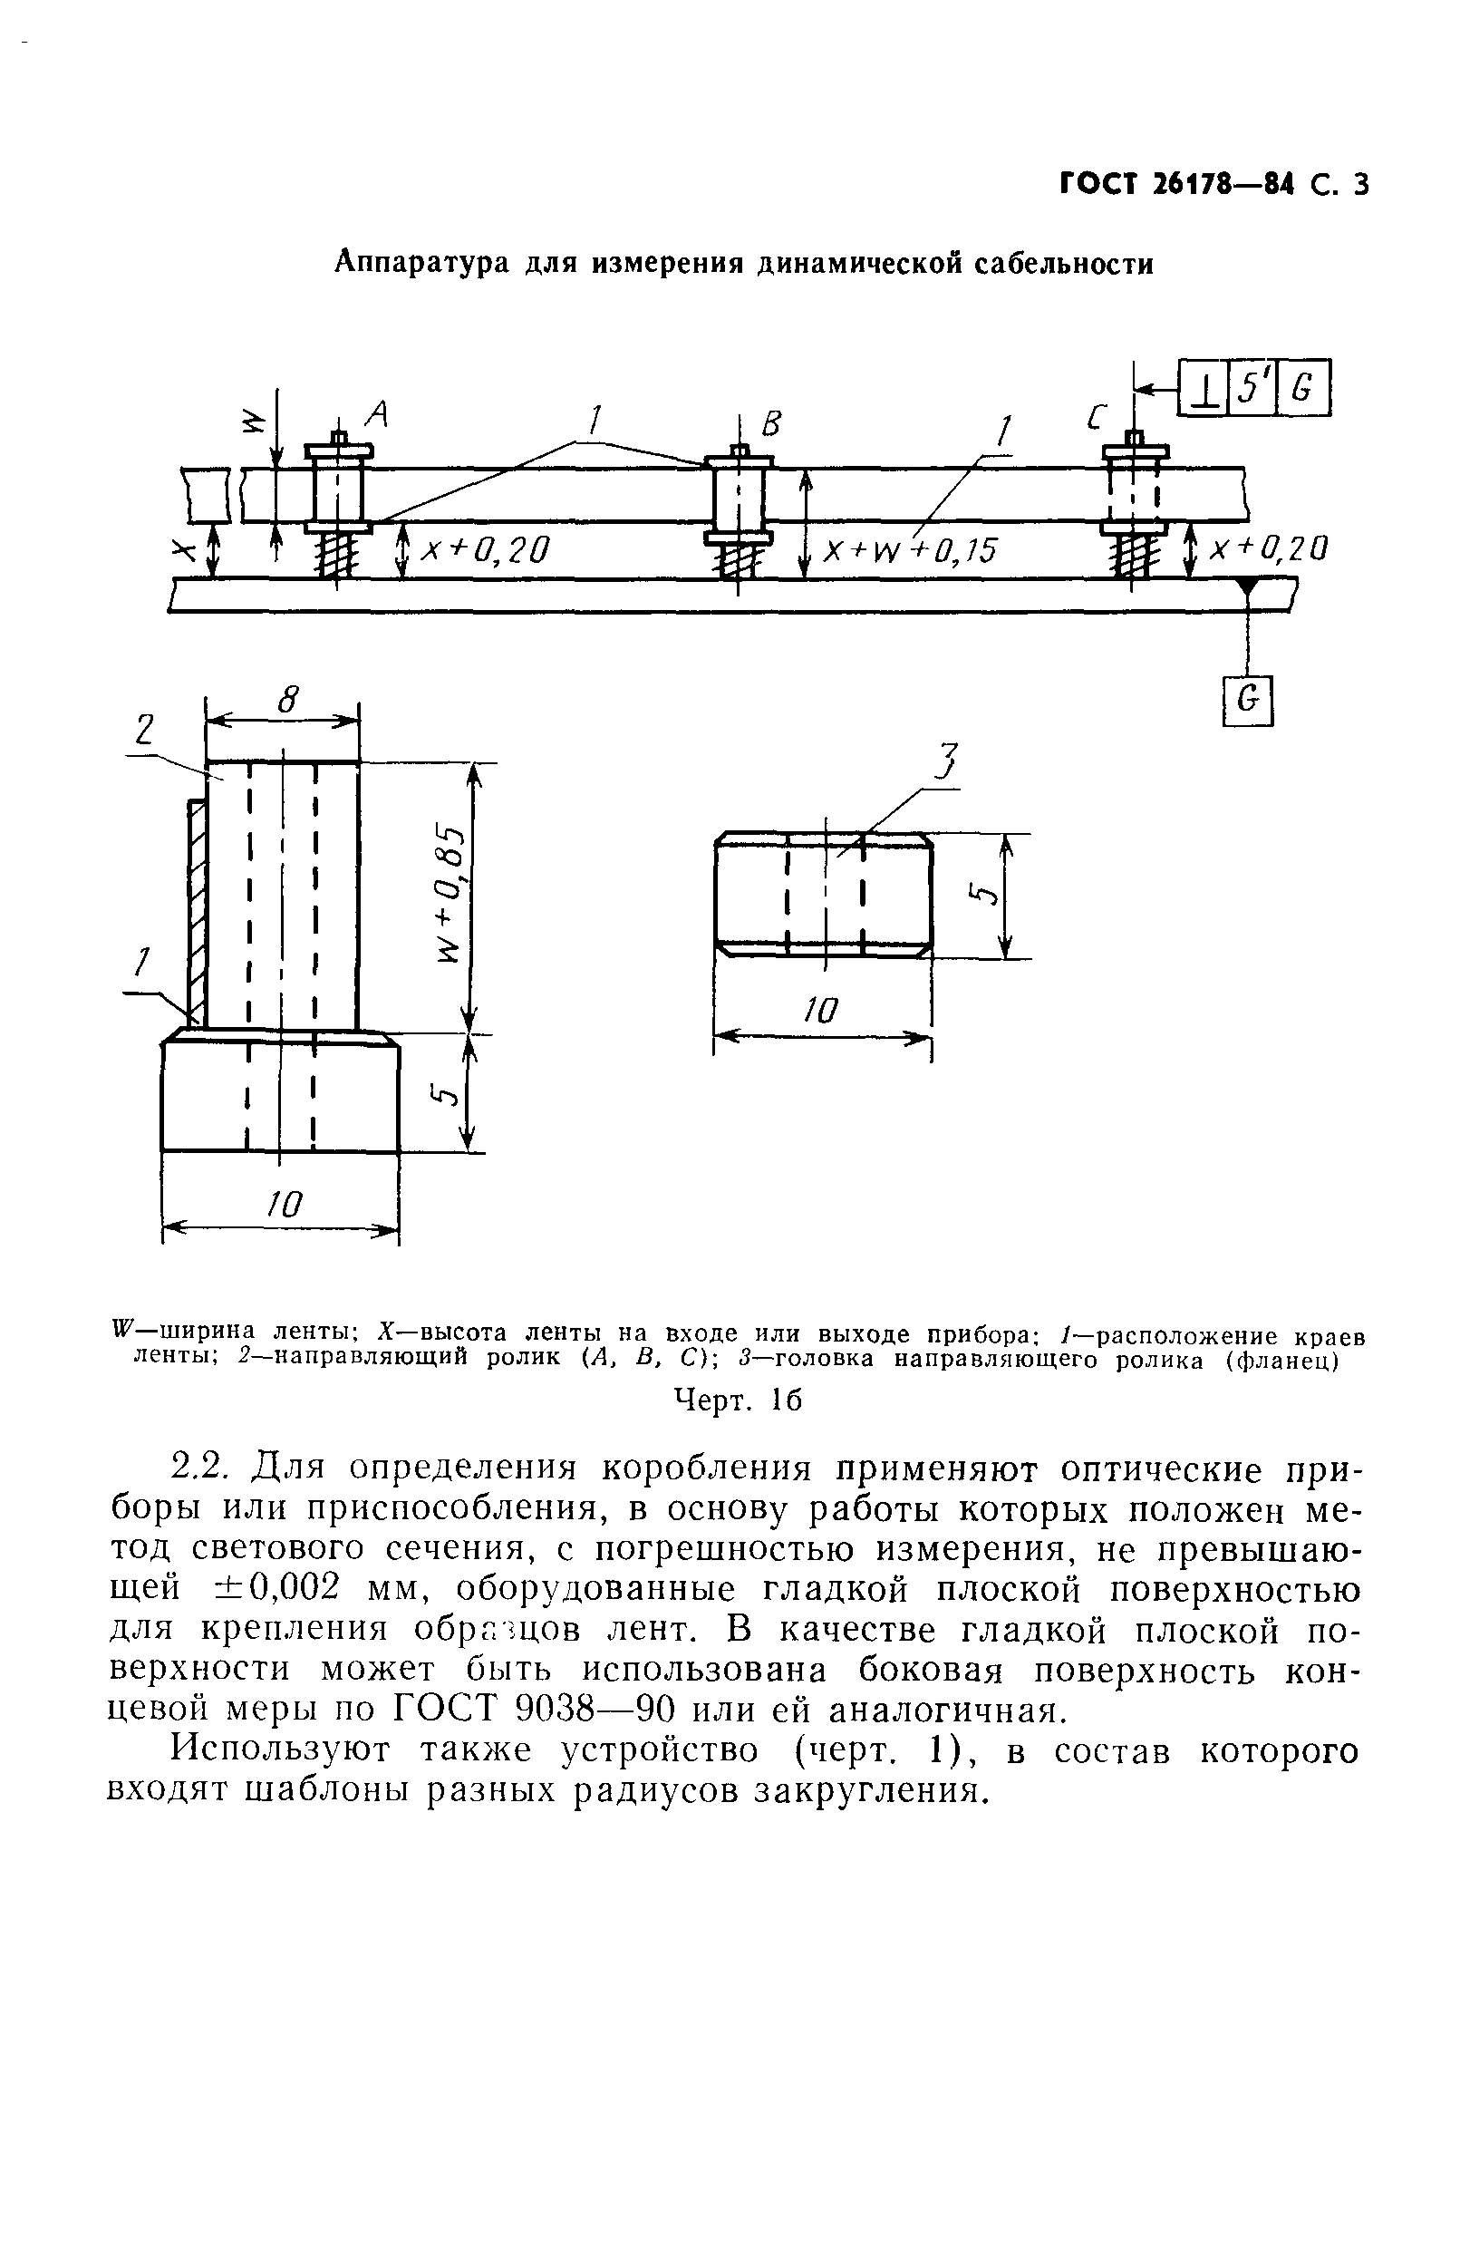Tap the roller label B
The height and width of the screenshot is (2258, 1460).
coord(770,425)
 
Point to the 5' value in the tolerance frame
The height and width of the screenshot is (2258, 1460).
coord(1252,388)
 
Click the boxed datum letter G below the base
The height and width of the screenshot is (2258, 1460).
coord(1249,701)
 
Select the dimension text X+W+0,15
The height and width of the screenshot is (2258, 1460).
coord(910,551)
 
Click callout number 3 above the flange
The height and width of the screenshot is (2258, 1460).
coord(945,762)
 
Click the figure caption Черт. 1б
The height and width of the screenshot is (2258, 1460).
coord(737,1400)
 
